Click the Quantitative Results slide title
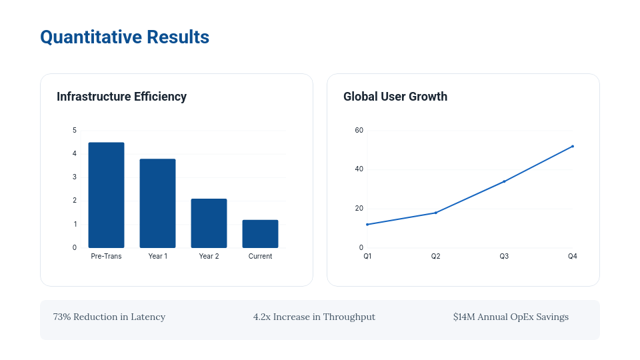[125, 37]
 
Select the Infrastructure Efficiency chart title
[121, 97]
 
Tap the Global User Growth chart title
[395, 97]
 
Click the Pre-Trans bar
[106, 195]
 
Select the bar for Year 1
[157, 203]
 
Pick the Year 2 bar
[209, 223]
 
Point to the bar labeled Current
[260, 234]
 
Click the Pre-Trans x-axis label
[106, 256]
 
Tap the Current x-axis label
[260, 256]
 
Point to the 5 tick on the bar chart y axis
[75, 130]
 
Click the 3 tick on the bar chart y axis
[75, 177]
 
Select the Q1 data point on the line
[367, 224]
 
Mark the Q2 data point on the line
[435, 213]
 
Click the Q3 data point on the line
[504, 181]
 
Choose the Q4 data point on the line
[572, 146]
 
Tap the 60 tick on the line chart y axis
[359, 130]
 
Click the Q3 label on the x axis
[504, 256]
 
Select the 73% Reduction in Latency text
[109, 317]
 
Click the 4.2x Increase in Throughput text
[314, 317]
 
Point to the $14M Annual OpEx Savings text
[511, 317]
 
